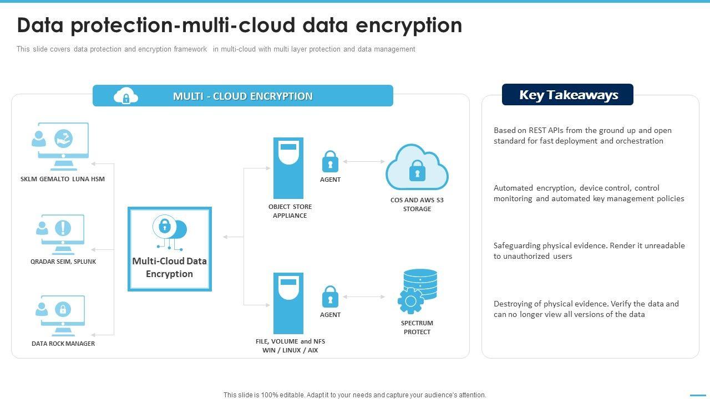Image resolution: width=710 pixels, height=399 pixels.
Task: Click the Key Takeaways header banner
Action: pos(567,94)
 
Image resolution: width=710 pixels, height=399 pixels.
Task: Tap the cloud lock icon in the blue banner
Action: pos(125,96)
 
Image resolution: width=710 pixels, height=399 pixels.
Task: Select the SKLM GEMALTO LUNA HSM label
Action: pos(63,179)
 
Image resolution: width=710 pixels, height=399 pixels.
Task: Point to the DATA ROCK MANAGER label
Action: pos(63,344)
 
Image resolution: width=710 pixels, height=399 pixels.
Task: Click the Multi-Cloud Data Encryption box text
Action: pos(169,267)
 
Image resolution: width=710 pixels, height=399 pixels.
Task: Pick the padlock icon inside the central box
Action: pos(165,226)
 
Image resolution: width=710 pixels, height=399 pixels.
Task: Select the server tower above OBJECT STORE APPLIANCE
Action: pos(288,168)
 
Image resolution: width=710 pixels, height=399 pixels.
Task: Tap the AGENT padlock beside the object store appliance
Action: pos(330,161)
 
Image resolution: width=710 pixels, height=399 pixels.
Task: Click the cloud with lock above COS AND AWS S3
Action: pos(417,167)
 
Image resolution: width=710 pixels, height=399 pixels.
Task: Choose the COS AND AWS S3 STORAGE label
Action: pos(417,204)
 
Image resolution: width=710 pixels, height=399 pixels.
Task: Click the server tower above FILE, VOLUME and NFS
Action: pos(288,303)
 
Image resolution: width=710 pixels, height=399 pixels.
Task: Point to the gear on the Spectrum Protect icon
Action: pos(410,300)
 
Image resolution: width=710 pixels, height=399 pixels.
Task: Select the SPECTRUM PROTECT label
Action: pos(417,328)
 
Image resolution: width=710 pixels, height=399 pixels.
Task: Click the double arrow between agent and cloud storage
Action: pos(364,161)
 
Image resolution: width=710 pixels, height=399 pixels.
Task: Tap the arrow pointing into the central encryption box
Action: pos(234,237)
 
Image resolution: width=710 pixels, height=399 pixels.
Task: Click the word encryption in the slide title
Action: pos(409,25)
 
